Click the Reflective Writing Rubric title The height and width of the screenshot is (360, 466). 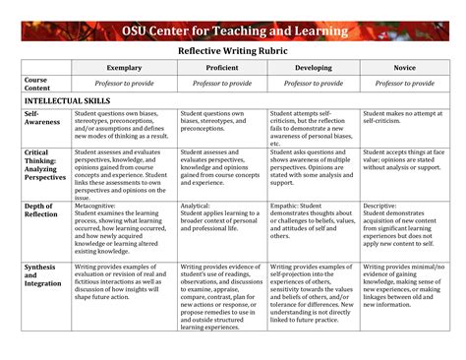(x=233, y=53)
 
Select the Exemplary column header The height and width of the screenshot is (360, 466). (x=125, y=68)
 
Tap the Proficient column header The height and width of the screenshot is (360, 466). (x=222, y=68)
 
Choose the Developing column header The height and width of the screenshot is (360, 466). (x=314, y=68)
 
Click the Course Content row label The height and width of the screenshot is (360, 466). (x=37, y=84)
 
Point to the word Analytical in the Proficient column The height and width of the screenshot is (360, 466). (x=198, y=206)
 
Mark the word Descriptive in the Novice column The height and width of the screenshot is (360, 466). (x=381, y=206)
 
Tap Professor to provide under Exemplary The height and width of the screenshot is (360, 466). (x=125, y=85)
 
